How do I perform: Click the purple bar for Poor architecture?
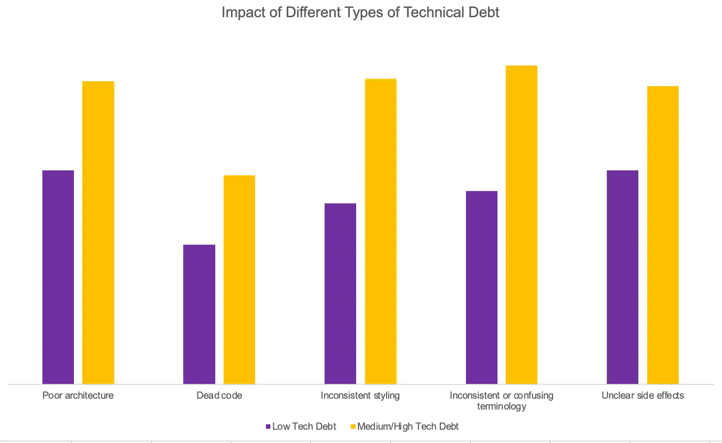pos(58,277)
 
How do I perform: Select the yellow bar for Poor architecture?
pos(98,232)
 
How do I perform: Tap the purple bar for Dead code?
pos(199,314)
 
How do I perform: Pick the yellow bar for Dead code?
pos(239,279)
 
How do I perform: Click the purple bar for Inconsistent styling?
pos(340,293)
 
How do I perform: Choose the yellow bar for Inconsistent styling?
pos(380,231)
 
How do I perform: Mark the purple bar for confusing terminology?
pos(481,287)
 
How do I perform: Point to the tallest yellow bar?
pos(522,224)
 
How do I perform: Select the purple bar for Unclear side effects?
pos(623,277)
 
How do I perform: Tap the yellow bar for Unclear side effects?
pos(662,235)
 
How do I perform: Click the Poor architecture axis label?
pos(78,396)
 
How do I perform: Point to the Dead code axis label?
pos(219,396)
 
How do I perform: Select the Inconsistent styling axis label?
pos(360,396)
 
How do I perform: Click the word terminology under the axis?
pos(501,407)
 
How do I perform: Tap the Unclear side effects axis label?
pos(643,396)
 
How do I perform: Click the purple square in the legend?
pos(268,427)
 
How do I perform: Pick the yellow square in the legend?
pos(353,427)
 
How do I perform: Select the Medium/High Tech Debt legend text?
pos(408,427)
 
